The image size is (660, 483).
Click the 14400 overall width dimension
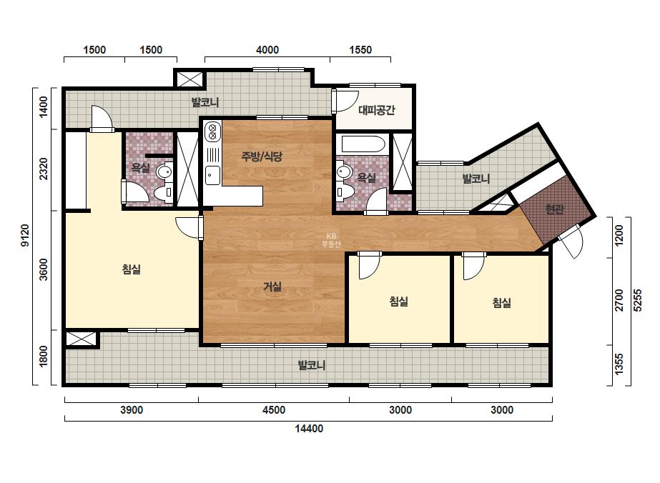[x=309, y=429]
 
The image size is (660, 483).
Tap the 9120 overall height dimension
[x=25, y=236]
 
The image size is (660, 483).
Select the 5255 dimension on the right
[x=638, y=300]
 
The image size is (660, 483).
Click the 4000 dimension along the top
[x=267, y=49]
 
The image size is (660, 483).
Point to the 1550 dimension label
[x=360, y=49]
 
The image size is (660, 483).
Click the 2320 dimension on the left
[x=44, y=169]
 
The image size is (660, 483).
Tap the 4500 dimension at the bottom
[x=274, y=410]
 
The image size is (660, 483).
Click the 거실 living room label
[x=272, y=287]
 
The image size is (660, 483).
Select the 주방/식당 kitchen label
[x=262, y=156]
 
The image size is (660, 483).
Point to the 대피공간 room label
[x=377, y=110]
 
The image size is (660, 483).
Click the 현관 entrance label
[x=554, y=209]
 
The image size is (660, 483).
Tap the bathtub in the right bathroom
[x=363, y=144]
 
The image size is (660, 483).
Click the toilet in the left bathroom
[x=163, y=193]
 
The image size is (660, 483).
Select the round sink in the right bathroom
[x=345, y=172]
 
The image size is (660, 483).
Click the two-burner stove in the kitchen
[x=212, y=131]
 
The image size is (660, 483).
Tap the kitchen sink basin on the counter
[x=212, y=175]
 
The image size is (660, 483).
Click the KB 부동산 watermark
[x=331, y=240]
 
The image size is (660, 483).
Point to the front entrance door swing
[x=571, y=242]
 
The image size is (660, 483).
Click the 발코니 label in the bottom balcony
[x=312, y=365]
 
